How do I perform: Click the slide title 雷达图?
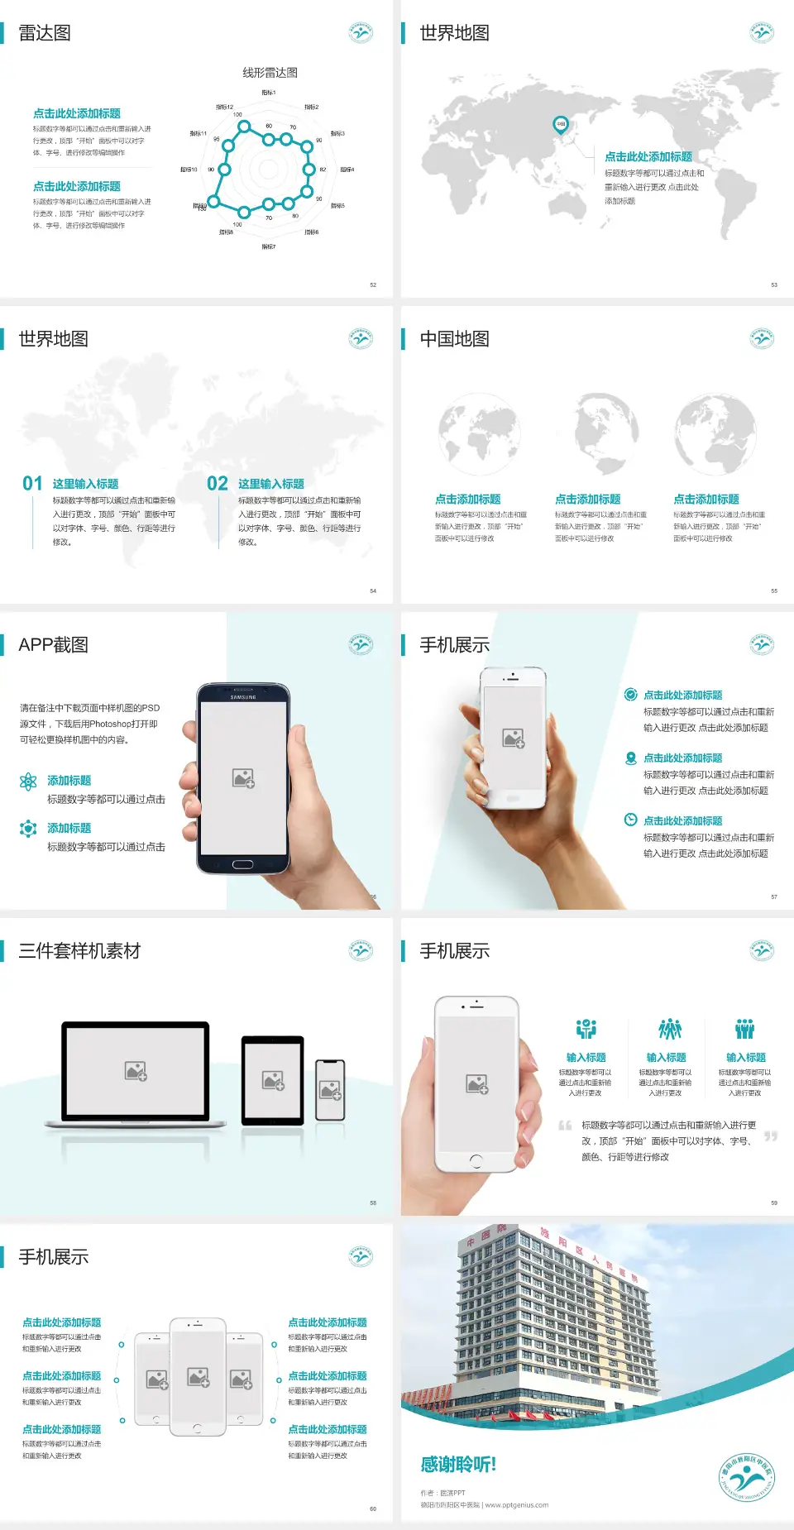point(45,33)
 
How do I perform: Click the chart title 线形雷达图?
point(270,73)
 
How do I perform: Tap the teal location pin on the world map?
point(560,125)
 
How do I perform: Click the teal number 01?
point(32,484)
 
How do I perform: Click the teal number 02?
point(218,484)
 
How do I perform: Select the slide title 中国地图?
point(454,339)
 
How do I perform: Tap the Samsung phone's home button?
point(242,864)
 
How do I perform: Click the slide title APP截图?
point(53,645)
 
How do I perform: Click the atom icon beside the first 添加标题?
point(28,782)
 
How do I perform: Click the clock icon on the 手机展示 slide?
point(630,820)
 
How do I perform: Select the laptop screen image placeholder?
point(136,1071)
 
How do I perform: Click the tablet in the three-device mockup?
point(273,1079)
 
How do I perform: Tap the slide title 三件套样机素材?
point(79,951)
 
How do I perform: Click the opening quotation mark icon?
point(565,1126)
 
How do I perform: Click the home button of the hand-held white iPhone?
point(476,1161)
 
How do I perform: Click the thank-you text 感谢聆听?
point(458,1465)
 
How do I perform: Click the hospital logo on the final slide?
point(746,1478)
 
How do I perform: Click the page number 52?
point(373,284)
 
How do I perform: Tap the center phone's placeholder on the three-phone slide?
point(198,1377)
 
